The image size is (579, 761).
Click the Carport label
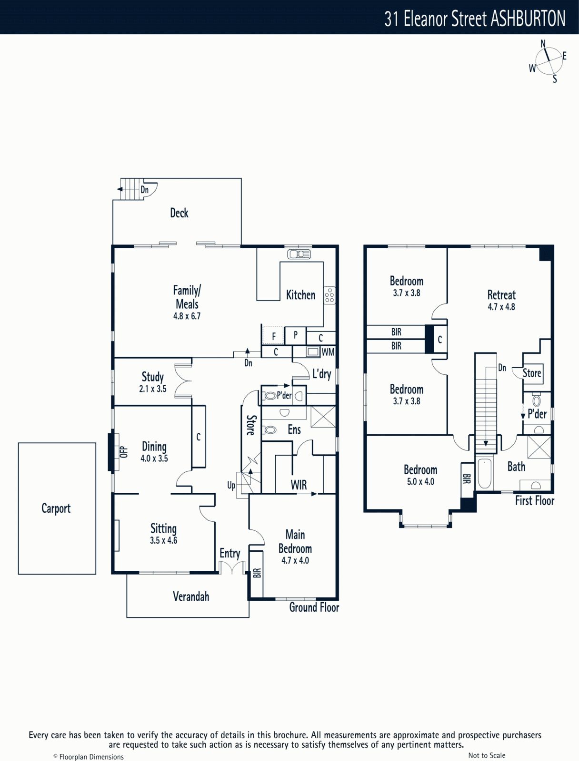click(56, 508)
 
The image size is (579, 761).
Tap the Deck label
click(179, 213)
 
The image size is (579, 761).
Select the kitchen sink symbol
click(299, 254)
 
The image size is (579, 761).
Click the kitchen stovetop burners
click(329, 295)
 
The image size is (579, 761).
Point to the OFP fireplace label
click(124, 452)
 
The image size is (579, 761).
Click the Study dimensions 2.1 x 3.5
click(153, 389)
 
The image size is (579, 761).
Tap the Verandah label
click(191, 596)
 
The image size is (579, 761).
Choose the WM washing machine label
click(328, 352)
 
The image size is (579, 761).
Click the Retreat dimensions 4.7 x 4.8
click(501, 307)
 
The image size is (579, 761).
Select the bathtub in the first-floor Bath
click(485, 473)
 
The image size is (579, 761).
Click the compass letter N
click(543, 44)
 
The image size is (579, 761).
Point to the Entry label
click(230, 554)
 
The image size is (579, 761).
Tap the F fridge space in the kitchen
click(273, 336)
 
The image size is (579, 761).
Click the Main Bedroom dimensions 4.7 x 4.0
click(295, 561)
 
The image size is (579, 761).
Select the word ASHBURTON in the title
click(528, 19)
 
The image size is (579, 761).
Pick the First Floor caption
click(535, 501)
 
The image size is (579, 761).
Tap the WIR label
click(299, 485)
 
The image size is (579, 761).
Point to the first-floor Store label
click(532, 373)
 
